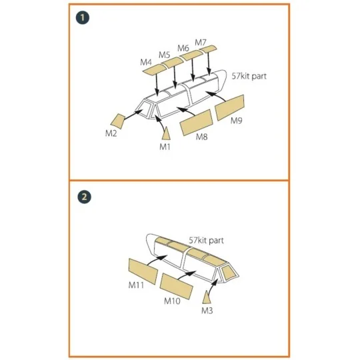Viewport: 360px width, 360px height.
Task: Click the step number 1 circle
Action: tap(83, 18)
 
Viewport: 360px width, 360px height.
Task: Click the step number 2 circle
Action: tap(84, 197)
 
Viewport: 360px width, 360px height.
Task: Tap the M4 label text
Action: tap(146, 62)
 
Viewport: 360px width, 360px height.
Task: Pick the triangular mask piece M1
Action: tap(166, 133)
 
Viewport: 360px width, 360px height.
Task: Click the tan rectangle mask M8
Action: tap(197, 123)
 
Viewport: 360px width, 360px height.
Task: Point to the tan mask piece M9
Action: tap(229, 107)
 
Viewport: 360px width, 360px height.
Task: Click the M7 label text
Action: tap(201, 43)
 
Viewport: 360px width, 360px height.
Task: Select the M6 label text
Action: tap(183, 48)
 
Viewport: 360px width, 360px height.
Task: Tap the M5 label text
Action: tap(165, 55)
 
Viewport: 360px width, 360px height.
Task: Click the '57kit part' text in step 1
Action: tap(249, 76)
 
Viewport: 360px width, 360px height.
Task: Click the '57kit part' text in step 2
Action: tap(206, 241)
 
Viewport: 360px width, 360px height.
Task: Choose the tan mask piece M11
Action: tap(143, 271)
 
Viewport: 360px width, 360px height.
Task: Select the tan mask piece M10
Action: tap(176, 286)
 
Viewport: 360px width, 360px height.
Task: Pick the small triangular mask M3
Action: tap(207, 297)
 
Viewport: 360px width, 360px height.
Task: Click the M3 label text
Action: tap(207, 311)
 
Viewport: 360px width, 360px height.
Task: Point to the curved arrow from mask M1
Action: tap(160, 123)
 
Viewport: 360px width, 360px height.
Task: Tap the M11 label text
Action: tap(136, 285)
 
